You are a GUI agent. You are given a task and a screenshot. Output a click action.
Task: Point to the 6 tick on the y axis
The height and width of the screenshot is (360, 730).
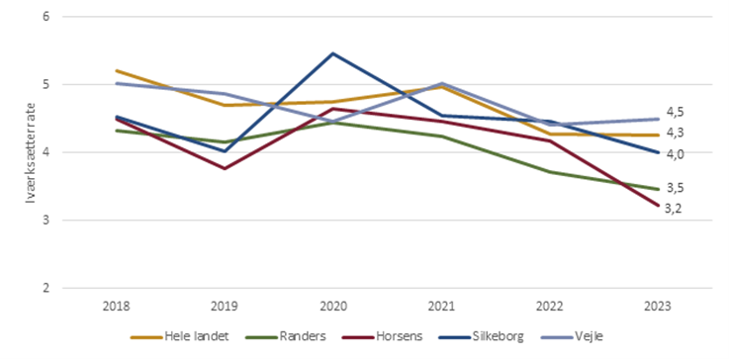pos(46,17)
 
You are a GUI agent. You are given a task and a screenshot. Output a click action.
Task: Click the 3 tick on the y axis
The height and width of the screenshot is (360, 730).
pos(46,221)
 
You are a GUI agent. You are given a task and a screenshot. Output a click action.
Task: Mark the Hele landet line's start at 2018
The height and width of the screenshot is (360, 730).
pos(117,71)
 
